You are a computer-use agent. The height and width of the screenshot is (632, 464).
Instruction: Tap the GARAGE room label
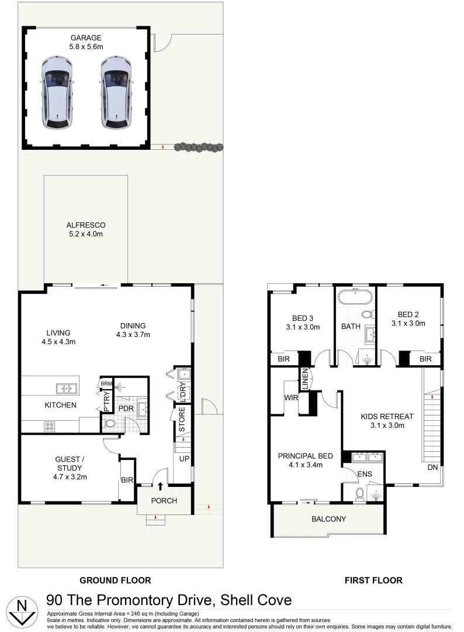coord(86,38)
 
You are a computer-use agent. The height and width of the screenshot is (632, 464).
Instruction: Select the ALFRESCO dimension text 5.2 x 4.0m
coord(85,235)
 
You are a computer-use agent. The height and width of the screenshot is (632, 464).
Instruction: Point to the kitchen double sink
coord(66,387)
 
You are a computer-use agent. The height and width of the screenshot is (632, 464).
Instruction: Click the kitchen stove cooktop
coord(50,427)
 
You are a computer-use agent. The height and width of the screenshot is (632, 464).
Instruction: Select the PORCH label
coord(164,501)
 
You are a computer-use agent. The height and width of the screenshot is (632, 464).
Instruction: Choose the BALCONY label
coord(328,519)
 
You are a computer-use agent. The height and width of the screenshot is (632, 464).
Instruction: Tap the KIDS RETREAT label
coord(387,417)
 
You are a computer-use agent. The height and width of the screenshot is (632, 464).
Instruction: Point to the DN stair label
coord(432,468)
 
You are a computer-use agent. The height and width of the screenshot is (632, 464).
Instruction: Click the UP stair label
coord(184,458)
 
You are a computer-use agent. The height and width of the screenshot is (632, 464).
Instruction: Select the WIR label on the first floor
coord(290,398)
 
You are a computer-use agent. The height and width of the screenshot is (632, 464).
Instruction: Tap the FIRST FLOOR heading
coord(373,581)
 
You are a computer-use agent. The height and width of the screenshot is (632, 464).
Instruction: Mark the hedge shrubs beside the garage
coord(198,146)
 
